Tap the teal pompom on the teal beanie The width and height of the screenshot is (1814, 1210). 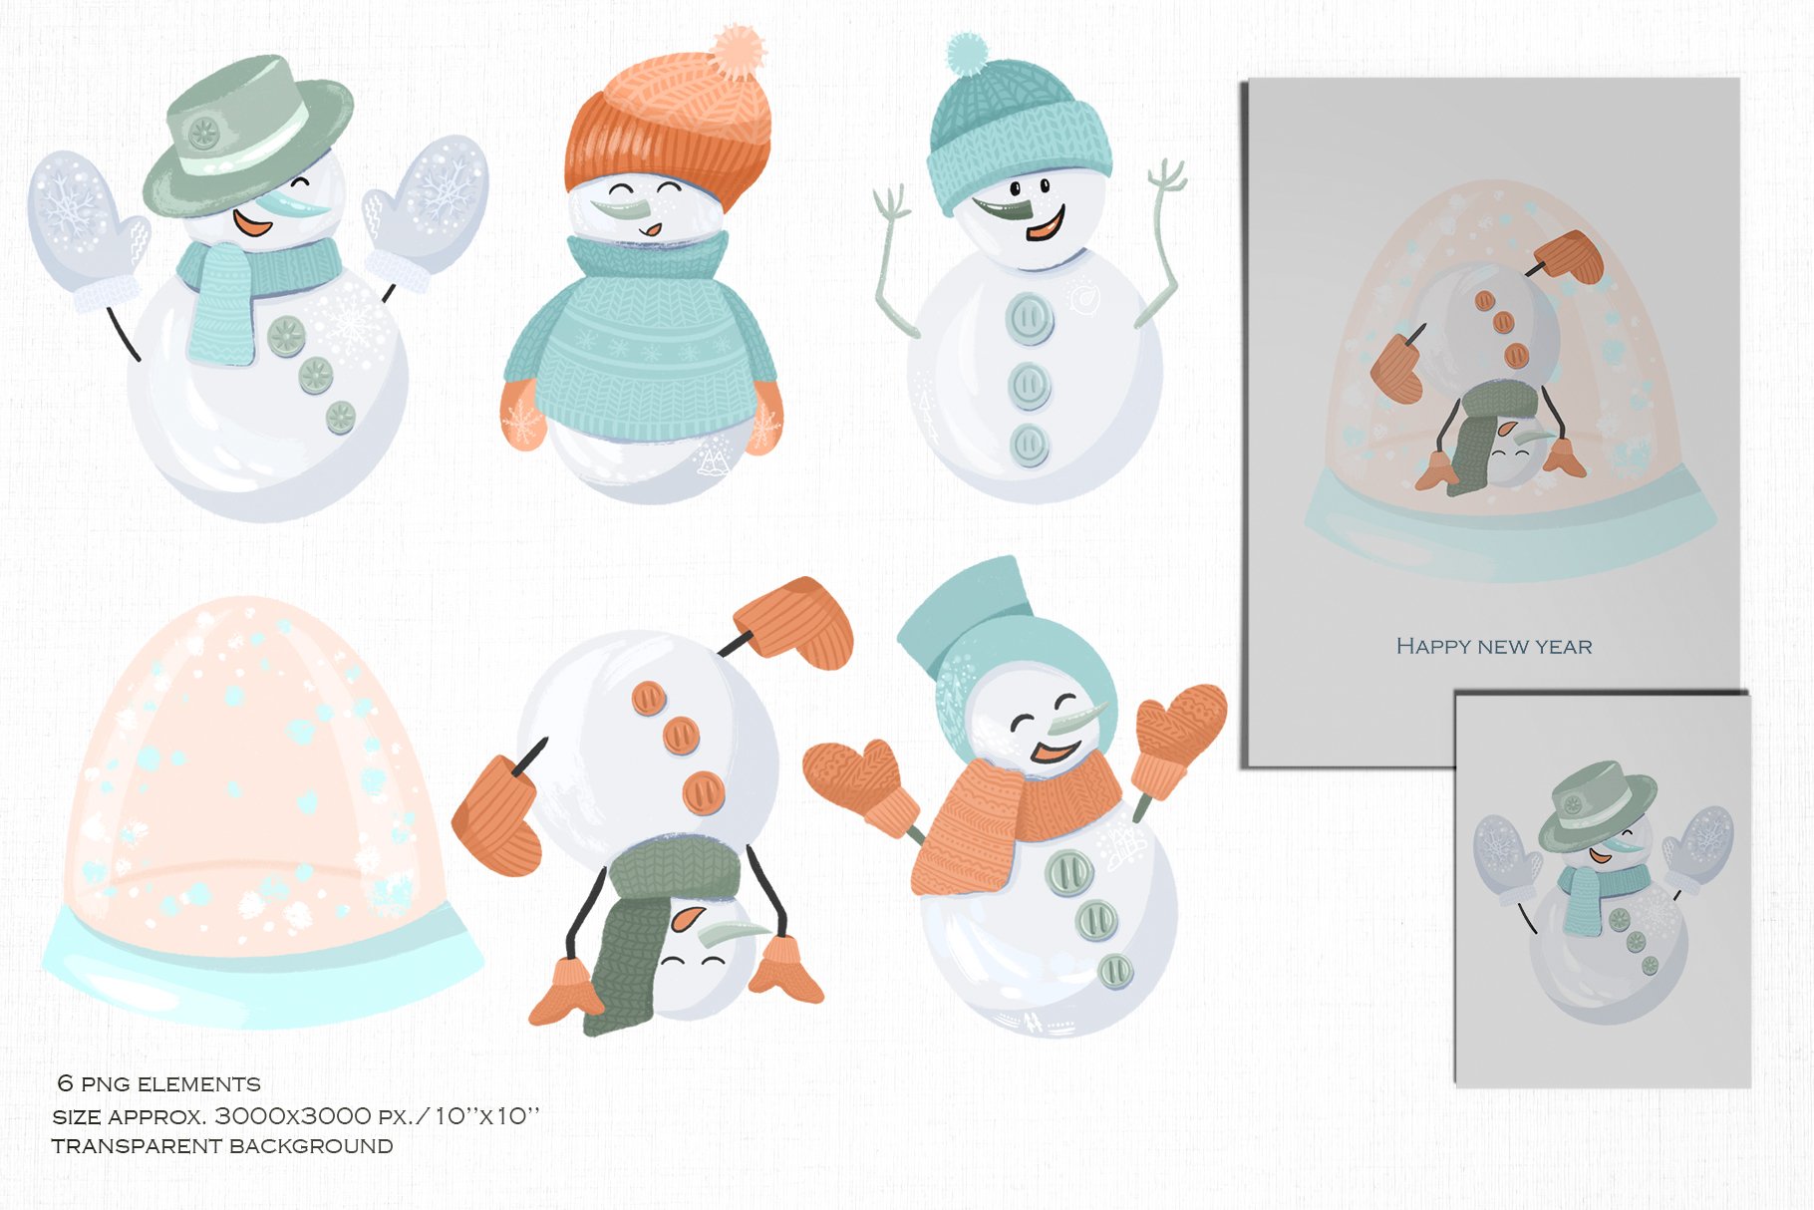coord(966,52)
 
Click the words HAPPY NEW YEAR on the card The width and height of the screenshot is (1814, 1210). coord(1493,646)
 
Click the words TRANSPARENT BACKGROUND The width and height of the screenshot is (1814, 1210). coord(222,1146)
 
